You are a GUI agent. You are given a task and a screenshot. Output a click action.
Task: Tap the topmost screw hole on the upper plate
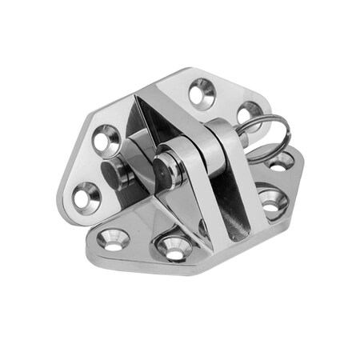pos(201,94)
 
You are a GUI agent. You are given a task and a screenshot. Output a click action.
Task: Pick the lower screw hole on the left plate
pos(86,194)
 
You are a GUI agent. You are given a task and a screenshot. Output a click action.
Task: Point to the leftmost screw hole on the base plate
pos(113,238)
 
